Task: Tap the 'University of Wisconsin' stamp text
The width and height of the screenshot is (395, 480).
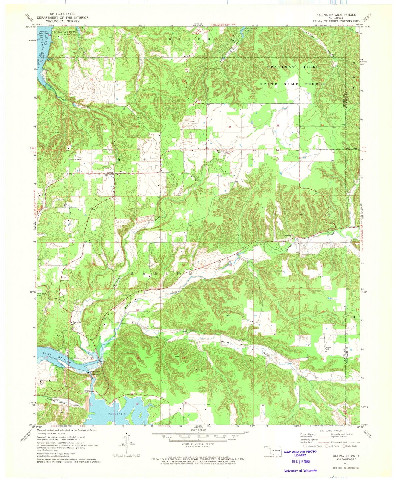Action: (300, 470)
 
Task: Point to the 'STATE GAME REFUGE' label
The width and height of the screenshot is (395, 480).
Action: (292, 84)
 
